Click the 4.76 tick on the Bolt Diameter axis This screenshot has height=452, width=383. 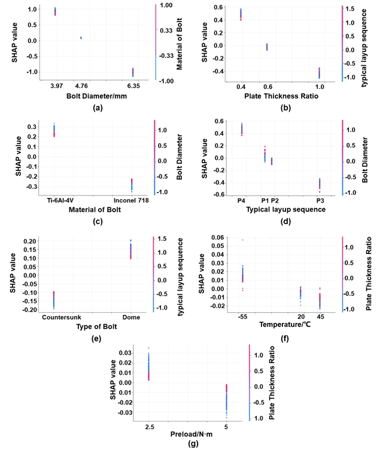(81, 85)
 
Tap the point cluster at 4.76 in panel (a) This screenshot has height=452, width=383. (81, 38)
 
